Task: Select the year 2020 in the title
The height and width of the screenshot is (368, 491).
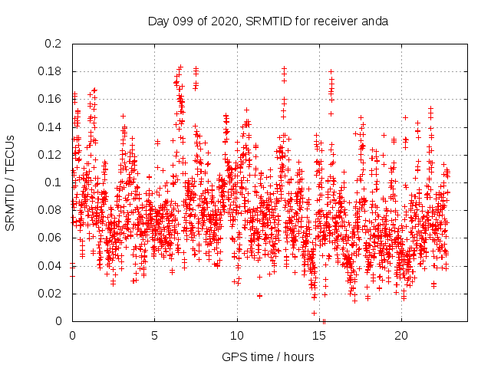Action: (x=223, y=21)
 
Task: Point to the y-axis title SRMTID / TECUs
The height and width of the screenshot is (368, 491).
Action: (x=10, y=182)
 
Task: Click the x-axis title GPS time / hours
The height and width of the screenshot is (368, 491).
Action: (x=269, y=356)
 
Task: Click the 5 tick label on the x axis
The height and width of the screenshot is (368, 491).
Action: (x=155, y=336)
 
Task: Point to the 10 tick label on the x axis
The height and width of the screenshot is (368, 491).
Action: (x=237, y=336)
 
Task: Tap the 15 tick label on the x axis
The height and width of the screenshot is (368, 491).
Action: (x=320, y=336)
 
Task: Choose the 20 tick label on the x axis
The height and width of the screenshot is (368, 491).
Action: (x=402, y=336)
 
